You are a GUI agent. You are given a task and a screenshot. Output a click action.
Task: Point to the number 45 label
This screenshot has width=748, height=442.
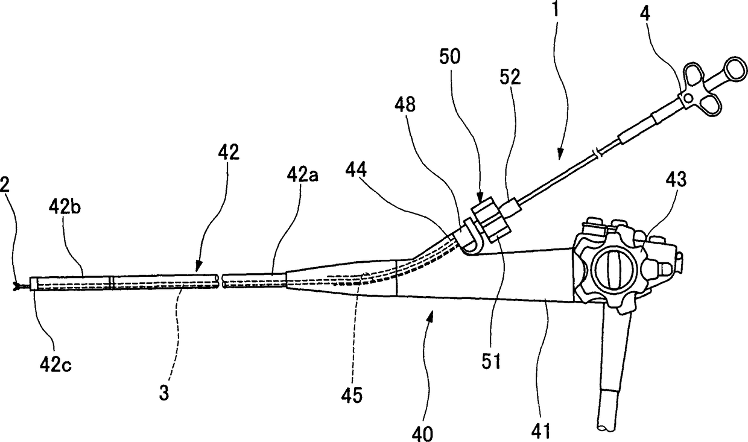coord(352,395)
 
